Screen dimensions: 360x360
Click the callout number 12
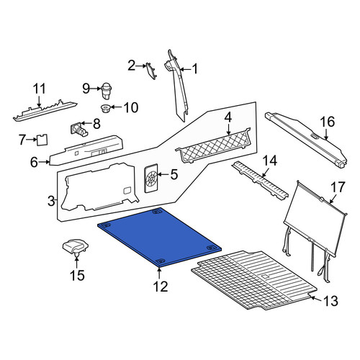[x=161, y=286]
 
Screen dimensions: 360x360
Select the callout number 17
[x=338, y=187]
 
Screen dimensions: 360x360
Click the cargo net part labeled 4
[x=214, y=146]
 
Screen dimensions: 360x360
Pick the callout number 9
[x=86, y=89]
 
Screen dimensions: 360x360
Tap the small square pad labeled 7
[x=42, y=140]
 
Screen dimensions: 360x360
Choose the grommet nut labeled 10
[x=105, y=109]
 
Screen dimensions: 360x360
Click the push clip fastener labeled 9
[x=107, y=91]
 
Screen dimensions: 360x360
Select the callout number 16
[x=328, y=122]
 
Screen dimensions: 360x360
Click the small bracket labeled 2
[x=151, y=71]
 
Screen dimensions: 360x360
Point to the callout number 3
[x=51, y=201]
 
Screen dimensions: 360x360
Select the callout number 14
[x=270, y=161]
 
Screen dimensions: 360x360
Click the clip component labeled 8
[x=79, y=129]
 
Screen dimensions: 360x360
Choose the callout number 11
[x=39, y=89]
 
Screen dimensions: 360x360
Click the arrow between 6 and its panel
[x=44, y=162]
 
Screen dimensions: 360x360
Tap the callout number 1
[x=195, y=69]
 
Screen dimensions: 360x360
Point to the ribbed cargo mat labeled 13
[x=254, y=280]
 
